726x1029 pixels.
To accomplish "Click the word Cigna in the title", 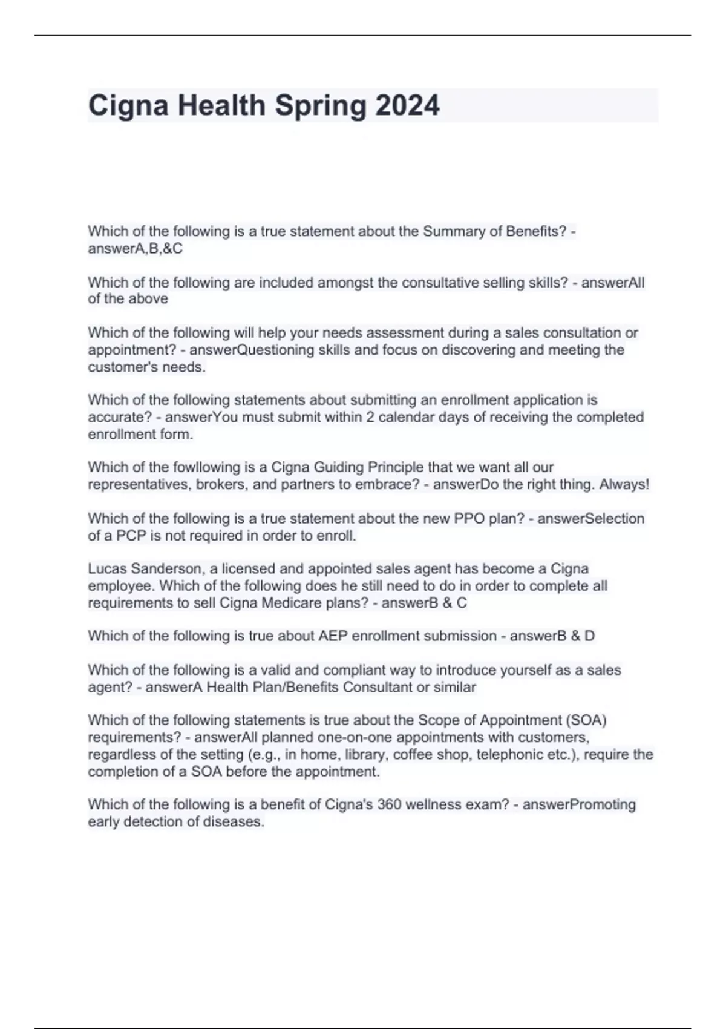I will click(x=128, y=107).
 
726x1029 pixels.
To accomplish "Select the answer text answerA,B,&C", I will click(x=135, y=248).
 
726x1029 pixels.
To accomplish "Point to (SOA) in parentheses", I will click(x=585, y=720).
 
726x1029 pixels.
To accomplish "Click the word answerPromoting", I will click(x=578, y=804).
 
